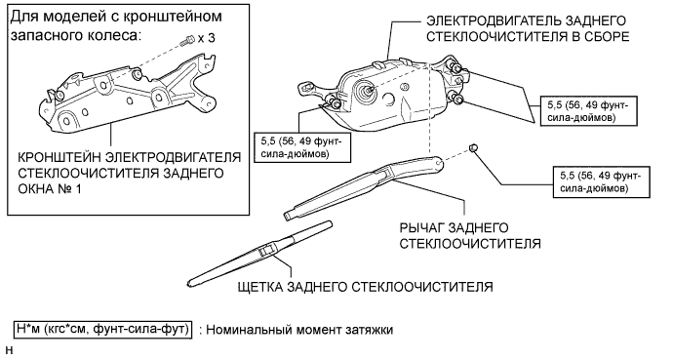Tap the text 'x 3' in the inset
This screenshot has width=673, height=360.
207,38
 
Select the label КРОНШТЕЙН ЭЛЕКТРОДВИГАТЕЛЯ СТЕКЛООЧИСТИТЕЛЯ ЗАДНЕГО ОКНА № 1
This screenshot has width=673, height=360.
129,173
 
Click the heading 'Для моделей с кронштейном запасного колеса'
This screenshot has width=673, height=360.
116,25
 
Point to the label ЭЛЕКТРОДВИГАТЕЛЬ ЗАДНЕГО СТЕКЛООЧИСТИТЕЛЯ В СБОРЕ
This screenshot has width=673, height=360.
528,28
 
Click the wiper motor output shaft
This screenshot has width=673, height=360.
369,90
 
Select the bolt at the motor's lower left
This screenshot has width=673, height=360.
335,103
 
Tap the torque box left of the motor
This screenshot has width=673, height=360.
302,147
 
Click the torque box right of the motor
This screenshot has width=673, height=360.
587,110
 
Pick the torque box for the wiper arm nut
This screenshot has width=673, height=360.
602,181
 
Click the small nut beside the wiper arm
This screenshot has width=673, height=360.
473,147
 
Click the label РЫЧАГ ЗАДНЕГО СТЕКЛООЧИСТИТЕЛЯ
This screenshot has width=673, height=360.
469,235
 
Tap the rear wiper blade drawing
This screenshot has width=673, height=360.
259,255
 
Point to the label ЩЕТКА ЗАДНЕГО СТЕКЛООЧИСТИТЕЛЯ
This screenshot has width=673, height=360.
365,287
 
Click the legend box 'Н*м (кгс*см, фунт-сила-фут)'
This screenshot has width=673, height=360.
103,330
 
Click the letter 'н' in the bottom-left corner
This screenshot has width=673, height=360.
10,351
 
